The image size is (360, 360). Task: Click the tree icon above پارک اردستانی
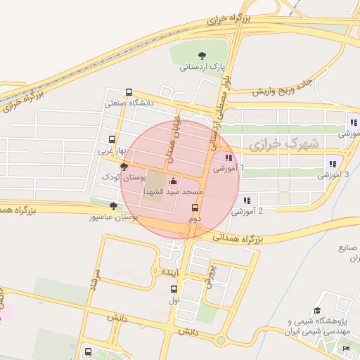pos(202,55)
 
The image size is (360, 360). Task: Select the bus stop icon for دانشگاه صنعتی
pos(129,92)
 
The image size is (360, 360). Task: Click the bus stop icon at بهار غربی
pos(111,139)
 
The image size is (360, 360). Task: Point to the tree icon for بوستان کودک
pos(124,167)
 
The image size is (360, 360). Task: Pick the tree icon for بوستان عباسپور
pos(114,206)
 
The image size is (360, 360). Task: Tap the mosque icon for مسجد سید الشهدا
pos(174,181)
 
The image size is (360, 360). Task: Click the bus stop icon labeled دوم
pos(195,207)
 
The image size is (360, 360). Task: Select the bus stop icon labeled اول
pos(174,289)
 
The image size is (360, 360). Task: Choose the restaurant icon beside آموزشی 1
pos(229,157)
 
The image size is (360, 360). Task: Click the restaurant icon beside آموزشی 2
pos(247,200)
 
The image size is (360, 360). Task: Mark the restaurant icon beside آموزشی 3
pos(332,164)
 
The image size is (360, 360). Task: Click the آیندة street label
pos(170,271)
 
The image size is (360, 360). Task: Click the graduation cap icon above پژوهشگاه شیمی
pos(317,309)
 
